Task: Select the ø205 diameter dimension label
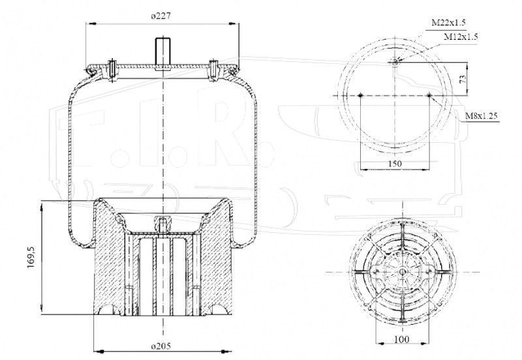pyautogui.click(x=161, y=346)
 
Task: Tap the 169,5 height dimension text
pyautogui.click(x=31, y=256)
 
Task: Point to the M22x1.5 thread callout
pyautogui.click(x=448, y=22)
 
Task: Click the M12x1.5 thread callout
pyautogui.click(x=461, y=37)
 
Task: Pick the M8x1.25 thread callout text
pyautogui.click(x=482, y=116)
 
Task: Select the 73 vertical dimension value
pyautogui.click(x=463, y=79)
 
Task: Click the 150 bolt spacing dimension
pyautogui.click(x=395, y=164)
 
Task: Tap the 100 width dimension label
pyautogui.click(x=402, y=340)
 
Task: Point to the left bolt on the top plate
pyautogui.click(x=112, y=70)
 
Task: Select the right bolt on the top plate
pyautogui.click(x=213, y=70)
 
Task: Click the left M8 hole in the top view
pyautogui.click(x=360, y=95)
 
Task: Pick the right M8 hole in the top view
pyautogui.click(x=429, y=95)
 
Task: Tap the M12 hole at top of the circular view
pyautogui.click(x=395, y=61)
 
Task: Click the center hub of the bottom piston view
pyautogui.click(x=402, y=272)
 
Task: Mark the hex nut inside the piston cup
pyautogui.click(x=162, y=221)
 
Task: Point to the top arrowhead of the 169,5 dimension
pyautogui.click(x=42, y=206)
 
